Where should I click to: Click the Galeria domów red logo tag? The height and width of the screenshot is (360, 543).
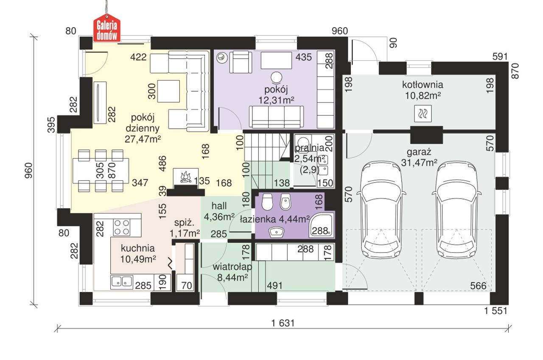[107, 28]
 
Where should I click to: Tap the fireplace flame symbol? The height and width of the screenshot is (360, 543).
[185, 177]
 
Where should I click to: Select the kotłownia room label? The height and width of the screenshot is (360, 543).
[423, 85]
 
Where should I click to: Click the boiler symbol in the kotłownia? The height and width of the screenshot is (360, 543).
[423, 113]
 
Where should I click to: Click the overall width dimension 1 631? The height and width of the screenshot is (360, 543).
[283, 323]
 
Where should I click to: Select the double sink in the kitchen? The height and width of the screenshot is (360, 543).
[122, 282]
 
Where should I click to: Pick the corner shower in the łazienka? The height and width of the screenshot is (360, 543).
[321, 225]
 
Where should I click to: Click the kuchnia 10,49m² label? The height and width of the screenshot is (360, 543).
[138, 254]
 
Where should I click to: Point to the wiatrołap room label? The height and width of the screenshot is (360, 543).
[232, 267]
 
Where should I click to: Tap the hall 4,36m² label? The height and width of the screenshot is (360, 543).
[219, 211]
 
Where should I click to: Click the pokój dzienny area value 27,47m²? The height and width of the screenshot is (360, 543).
[143, 139]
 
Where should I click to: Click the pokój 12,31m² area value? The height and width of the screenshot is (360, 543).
[276, 100]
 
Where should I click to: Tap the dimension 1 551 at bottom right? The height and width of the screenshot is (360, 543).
[495, 311]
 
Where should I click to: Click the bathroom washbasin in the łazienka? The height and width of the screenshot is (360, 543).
[276, 232]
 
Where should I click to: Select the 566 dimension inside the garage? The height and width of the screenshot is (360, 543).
[478, 286]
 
